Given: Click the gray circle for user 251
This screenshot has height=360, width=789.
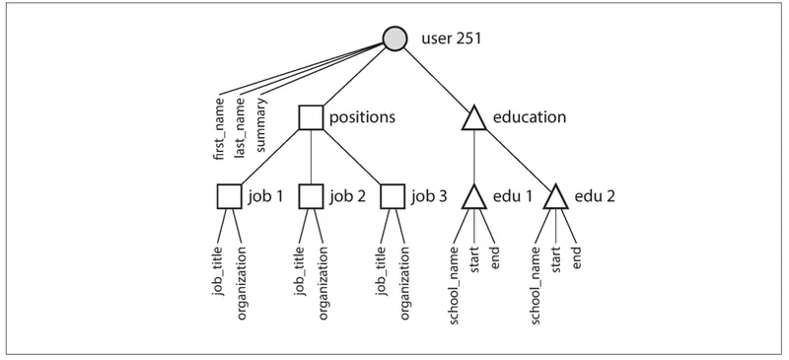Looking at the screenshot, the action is tap(394, 38).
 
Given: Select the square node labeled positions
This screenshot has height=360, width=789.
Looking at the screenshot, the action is tap(311, 117).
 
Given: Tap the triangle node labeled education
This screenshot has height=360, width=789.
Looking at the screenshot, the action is tap(474, 118).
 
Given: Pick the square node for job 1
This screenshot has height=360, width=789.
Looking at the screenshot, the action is tap(230, 196).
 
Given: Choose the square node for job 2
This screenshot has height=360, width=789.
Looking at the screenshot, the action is tap(311, 196).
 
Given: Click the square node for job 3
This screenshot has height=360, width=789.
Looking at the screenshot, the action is tap(393, 196).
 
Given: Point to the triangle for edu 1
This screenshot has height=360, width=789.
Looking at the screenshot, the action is tap(474, 198).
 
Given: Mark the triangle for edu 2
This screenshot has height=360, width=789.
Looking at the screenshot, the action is tap(556, 198).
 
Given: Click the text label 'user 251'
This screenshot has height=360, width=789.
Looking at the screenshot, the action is tap(452, 38).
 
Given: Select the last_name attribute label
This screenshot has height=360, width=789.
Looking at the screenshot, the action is tap(241, 127).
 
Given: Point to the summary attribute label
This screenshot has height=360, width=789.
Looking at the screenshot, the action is tap(261, 124).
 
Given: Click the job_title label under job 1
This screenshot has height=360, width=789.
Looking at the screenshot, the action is tap(219, 271).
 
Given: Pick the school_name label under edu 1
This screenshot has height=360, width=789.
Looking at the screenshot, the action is tap(455, 285).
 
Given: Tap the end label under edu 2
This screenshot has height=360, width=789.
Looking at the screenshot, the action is tap(577, 256).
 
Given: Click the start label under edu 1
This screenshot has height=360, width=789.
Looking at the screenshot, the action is tap(474, 259).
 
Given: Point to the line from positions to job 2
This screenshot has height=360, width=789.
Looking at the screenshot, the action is tap(311, 157).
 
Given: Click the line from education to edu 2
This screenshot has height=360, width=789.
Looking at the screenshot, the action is tap(517, 157).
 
